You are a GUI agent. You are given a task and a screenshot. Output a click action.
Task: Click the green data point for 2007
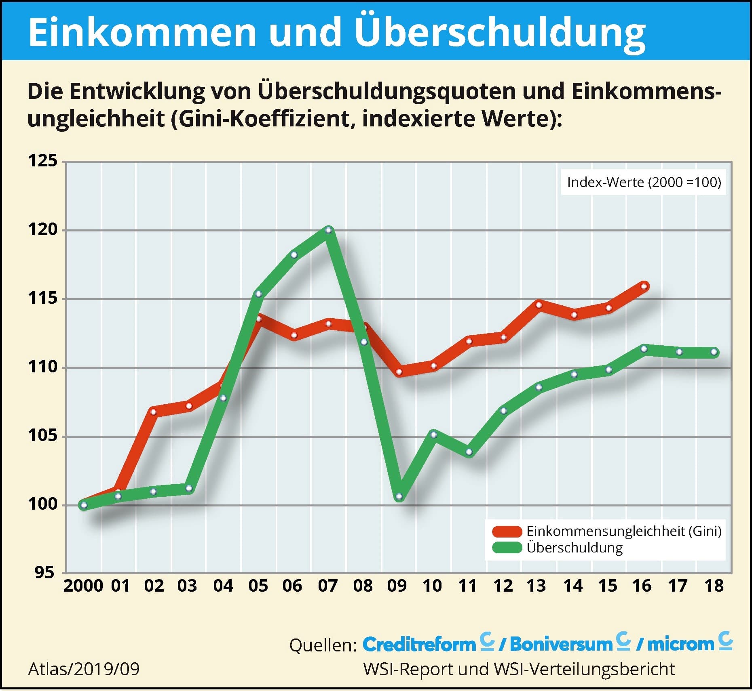(x=329, y=230)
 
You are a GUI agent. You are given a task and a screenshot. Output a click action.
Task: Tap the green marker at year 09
(x=399, y=496)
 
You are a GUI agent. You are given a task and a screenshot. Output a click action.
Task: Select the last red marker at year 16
(x=644, y=286)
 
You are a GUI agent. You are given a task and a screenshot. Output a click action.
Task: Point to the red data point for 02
(x=153, y=412)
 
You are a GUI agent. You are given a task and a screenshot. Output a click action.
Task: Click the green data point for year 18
(x=714, y=352)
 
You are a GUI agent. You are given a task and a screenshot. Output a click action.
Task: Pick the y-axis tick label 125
(x=42, y=161)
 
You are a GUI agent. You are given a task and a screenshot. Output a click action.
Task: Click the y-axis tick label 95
(x=44, y=572)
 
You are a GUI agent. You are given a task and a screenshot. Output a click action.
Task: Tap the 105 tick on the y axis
(x=42, y=436)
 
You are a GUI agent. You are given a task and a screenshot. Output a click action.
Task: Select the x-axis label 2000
(x=83, y=586)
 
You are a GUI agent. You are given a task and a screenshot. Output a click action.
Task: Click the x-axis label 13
(x=536, y=586)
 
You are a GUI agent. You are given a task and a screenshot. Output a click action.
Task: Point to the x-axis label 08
(x=363, y=586)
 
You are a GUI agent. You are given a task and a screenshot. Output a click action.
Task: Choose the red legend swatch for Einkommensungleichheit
(x=507, y=531)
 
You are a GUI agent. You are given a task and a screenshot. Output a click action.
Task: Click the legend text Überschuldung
(x=574, y=548)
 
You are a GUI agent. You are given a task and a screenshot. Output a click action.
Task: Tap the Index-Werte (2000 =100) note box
(x=644, y=183)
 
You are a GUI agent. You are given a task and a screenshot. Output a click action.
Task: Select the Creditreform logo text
(x=419, y=645)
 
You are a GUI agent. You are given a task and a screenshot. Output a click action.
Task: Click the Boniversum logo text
(x=561, y=645)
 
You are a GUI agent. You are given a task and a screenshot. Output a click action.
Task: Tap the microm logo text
(x=680, y=645)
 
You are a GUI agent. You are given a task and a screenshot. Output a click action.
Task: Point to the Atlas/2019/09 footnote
(x=84, y=669)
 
